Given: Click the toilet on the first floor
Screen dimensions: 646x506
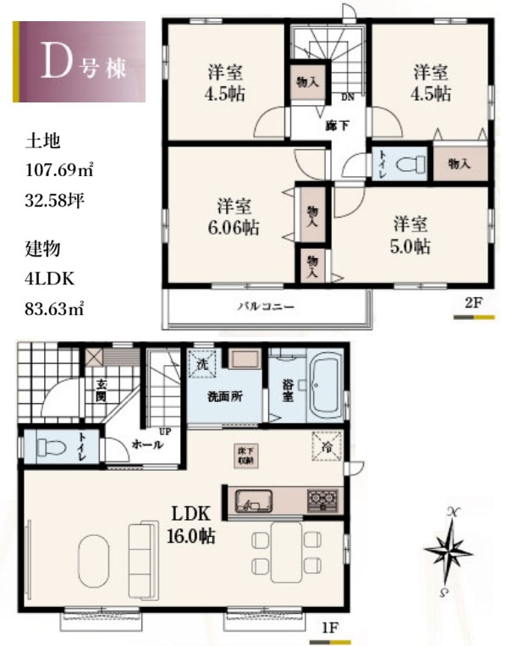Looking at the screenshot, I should click(x=51, y=447).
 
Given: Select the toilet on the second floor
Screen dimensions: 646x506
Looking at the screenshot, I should click(x=411, y=162).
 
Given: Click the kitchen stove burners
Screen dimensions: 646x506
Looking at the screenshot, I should click(x=321, y=500).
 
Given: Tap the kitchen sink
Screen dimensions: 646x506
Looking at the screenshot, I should click(x=250, y=501).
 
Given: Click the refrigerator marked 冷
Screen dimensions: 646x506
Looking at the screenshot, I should click(x=322, y=445).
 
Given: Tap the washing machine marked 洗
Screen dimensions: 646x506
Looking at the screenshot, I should click(x=203, y=365).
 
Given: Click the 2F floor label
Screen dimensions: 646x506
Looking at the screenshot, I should click(x=472, y=302).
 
